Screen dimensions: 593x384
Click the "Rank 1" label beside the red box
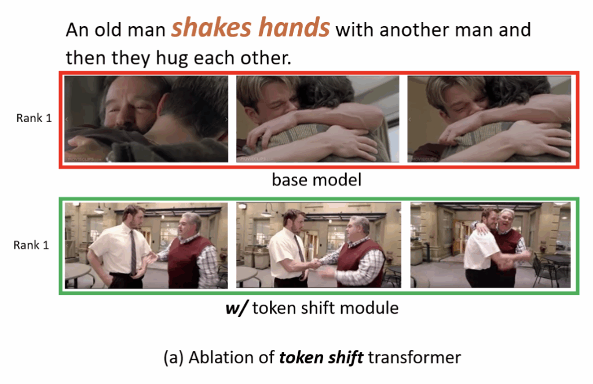click(x=34, y=118)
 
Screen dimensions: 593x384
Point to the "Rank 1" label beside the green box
click(x=31, y=245)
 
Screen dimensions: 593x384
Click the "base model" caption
click(x=317, y=180)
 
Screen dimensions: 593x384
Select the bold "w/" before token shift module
click(x=236, y=308)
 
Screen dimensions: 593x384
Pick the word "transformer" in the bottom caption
click(x=415, y=357)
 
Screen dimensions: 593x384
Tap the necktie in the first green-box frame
click(x=133, y=251)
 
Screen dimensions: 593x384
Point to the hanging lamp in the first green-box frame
click(x=99, y=209)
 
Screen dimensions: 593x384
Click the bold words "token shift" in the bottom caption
click(x=321, y=357)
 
